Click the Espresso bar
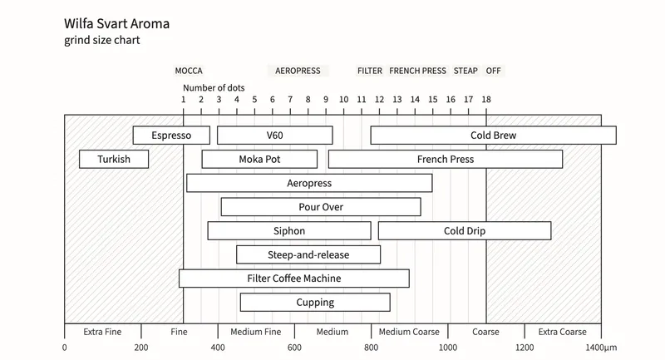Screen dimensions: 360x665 (x=171, y=136)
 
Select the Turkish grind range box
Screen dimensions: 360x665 (x=114, y=159)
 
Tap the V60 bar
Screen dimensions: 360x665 (x=275, y=136)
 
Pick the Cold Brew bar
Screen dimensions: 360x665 (x=493, y=136)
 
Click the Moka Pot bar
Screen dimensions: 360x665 (x=259, y=159)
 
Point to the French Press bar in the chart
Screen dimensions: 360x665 (x=446, y=159)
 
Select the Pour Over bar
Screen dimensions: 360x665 (x=321, y=207)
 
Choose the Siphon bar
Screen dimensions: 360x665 (x=289, y=230)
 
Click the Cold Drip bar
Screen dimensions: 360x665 (x=465, y=230)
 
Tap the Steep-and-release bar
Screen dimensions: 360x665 (x=308, y=254)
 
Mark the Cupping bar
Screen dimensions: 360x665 (x=315, y=303)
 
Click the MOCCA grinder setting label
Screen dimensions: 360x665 (x=189, y=72)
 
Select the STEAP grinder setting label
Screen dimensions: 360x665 (x=465, y=72)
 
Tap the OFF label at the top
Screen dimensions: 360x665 (x=494, y=72)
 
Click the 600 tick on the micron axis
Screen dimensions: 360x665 (x=294, y=348)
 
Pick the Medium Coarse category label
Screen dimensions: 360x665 (x=409, y=332)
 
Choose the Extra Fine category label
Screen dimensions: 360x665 (x=103, y=332)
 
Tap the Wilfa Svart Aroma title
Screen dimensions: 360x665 (x=122, y=24)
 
